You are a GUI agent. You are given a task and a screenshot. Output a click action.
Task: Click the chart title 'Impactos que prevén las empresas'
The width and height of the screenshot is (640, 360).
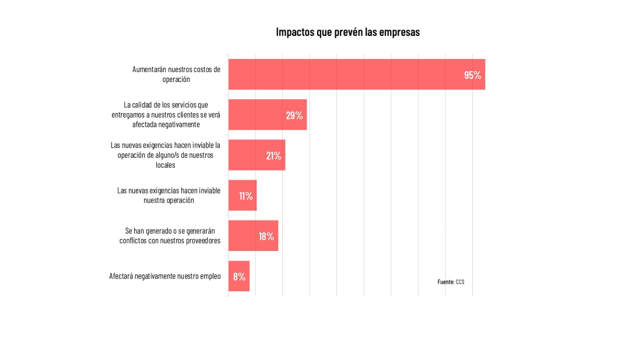tap(348, 32)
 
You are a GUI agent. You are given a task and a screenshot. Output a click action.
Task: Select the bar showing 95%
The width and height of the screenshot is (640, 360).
tap(357, 74)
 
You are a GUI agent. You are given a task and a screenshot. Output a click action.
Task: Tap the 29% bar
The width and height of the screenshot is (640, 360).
tap(268, 115)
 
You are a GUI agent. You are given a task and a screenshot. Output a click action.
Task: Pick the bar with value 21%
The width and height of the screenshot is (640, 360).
tap(257, 155)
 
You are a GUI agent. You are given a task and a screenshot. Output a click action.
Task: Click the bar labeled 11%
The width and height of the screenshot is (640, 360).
tap(242, 196)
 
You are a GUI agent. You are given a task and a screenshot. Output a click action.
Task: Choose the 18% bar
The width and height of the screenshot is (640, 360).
tap(253, 236)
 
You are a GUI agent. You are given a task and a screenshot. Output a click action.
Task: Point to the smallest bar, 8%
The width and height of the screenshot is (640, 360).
tap(239, 276)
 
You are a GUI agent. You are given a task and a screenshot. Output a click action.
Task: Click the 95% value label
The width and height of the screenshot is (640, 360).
tap(472, 75)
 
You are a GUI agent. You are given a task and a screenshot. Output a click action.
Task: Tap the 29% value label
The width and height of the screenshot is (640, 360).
tap(294, 116)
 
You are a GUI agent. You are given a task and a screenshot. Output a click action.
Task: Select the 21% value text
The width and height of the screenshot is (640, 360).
tap(273, 156)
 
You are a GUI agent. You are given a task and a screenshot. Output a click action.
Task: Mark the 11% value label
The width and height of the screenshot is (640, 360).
tap(246, 196)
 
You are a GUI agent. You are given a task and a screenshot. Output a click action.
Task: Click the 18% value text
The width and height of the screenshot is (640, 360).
tap(266, 236)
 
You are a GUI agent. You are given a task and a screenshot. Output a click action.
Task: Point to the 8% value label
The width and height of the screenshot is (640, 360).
tap(239, 277)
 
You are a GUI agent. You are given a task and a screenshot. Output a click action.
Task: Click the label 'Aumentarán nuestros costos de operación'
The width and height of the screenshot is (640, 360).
tap(176, 74)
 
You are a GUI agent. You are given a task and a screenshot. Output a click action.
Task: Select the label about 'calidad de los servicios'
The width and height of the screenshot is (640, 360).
tap(166, 115)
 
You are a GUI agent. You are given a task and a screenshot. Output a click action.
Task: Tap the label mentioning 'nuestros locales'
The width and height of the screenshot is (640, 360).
tap(165, 155)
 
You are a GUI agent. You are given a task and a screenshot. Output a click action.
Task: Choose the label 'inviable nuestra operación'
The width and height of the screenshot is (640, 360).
tap(169, 196)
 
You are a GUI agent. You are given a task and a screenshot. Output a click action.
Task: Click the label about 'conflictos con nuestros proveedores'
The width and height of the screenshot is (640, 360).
tap(170, 236)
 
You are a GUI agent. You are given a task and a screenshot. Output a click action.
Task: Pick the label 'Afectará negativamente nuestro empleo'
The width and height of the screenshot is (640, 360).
tap(165, 276)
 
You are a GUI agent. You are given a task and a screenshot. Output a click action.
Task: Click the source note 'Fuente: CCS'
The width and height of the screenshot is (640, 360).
tap(451, 282)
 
